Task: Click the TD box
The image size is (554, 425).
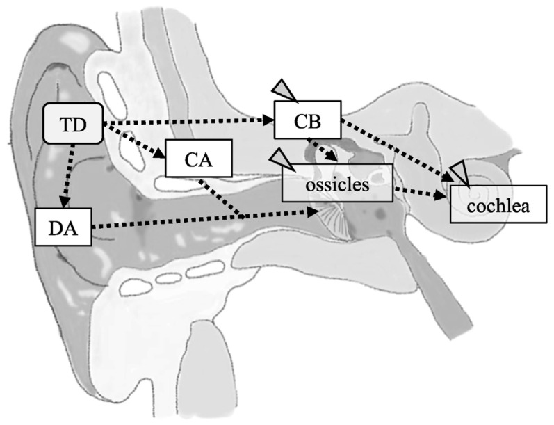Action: coord(73,124)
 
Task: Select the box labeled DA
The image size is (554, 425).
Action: coord(63,227)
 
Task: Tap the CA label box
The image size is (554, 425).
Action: coord(197,158)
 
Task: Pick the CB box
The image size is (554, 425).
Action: coord(307,120)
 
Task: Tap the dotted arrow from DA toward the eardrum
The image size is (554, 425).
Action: coord(202,220)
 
